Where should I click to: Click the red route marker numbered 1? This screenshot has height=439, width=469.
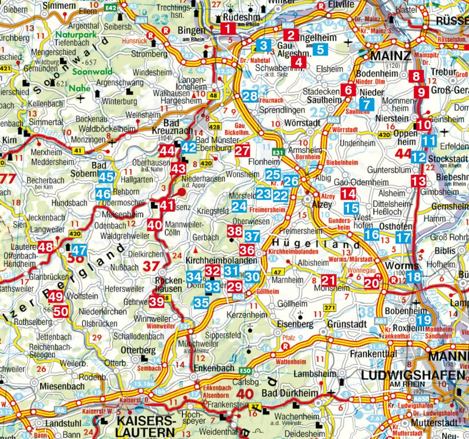pos(227,29)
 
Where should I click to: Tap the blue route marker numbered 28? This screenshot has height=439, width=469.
pos(249,96)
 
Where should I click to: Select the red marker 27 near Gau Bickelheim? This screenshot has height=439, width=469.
pos(243,150)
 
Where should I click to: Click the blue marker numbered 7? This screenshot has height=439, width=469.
pos(367,105)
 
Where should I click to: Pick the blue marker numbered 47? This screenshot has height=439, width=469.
pos(79,250)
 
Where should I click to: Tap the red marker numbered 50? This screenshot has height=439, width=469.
pos(62,312)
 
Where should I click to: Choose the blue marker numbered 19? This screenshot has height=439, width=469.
pos(423,320)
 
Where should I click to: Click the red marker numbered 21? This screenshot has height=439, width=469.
pos(328,280)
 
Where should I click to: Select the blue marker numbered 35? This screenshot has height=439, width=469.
pos(201,302)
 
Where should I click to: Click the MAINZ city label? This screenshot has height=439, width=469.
pos(391,56)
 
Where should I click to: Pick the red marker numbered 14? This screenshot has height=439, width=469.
pos(348,193)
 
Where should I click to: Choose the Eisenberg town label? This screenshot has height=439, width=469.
pos(295,324)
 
